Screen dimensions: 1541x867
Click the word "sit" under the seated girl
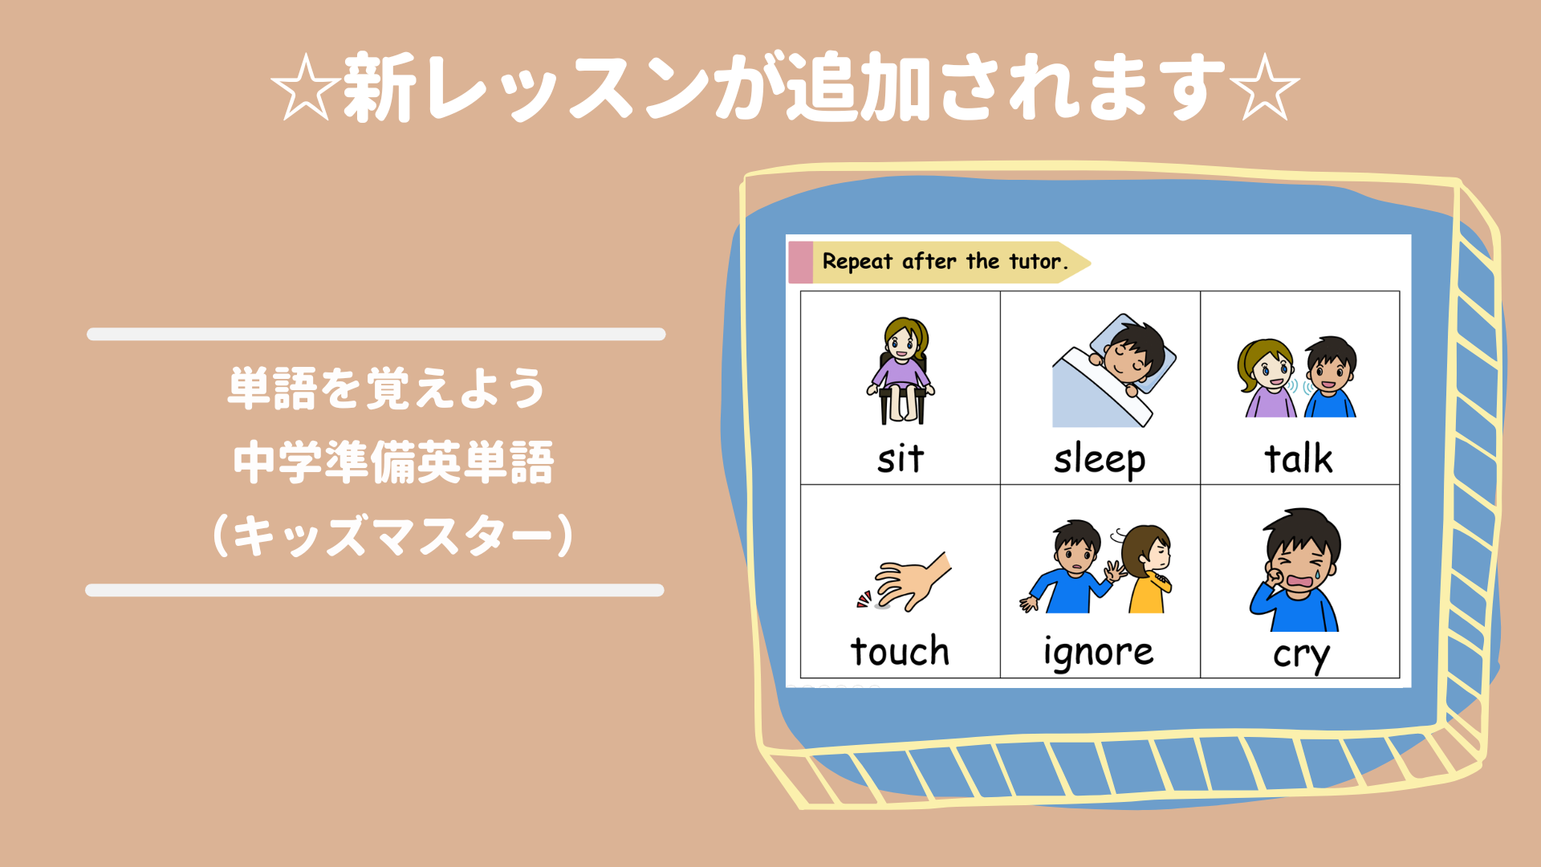(x=901, y=458)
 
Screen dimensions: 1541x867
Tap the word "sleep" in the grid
(x=1100, y=460)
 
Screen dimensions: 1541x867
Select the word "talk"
(x=1299, y=458)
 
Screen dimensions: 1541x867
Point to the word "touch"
(x=900, y=650)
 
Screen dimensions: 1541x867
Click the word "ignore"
(x=1099, y=653)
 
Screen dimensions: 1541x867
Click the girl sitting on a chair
(x=901, y=370)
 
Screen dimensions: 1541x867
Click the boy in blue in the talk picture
(x=1330, y=377)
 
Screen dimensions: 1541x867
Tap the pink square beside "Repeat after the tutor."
(x=801, y=263)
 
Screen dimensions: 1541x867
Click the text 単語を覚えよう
(x=387, y=389)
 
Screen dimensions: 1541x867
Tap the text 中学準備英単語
(x=393, y=462)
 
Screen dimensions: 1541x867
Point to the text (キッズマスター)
(x=393, y=535)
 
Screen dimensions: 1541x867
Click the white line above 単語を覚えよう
(x=376, y=334)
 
